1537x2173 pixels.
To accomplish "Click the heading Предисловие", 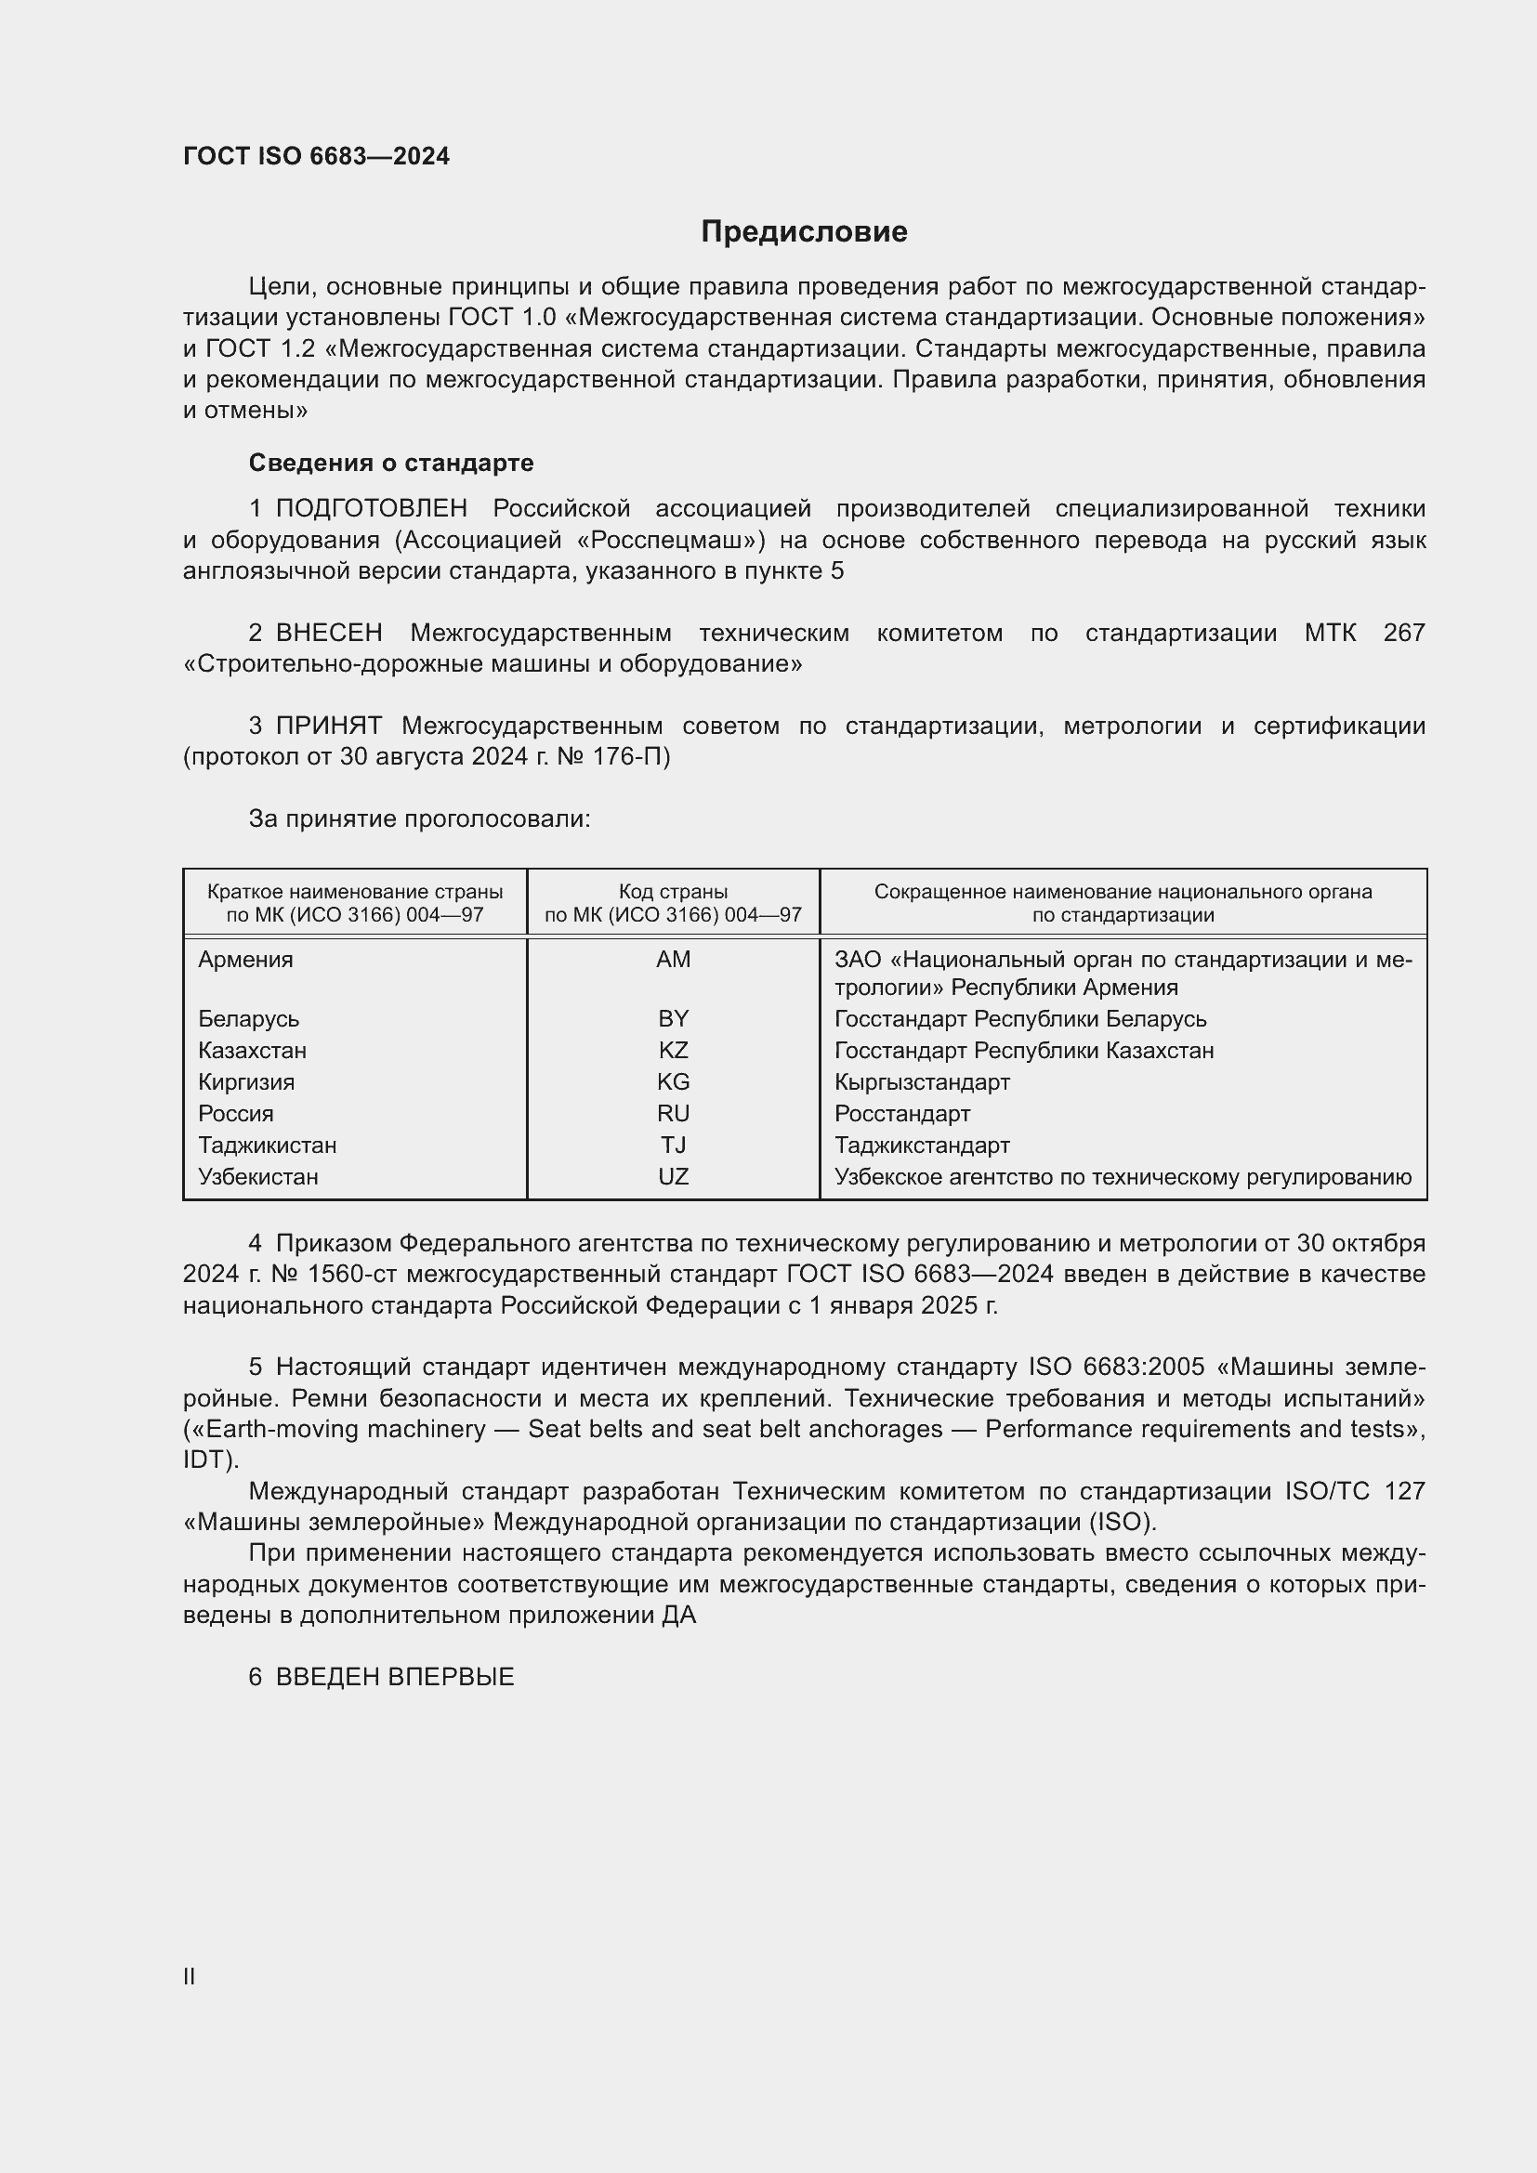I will point(804,232).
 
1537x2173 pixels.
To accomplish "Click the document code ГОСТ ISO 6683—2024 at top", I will point(316,156).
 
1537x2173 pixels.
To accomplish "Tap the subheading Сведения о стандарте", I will point(390,463).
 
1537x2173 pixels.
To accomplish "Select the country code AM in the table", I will point(673,960).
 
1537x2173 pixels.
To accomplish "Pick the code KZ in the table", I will point(673,1051).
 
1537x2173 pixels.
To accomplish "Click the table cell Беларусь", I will point(249,1019).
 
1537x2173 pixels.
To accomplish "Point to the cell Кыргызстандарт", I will point(922,1081).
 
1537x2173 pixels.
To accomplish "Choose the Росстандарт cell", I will point(902,1114).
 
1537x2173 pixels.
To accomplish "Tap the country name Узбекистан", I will point(258,1177).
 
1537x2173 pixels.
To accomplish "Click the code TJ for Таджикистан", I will point(673,1145).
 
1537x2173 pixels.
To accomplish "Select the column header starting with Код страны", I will point(673,903).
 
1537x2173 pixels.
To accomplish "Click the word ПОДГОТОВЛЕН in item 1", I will point(371,509).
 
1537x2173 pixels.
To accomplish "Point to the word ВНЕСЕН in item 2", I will point(329,634).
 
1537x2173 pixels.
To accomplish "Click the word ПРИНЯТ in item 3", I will point(328,726).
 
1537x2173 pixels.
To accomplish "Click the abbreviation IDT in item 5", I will point(206,1460).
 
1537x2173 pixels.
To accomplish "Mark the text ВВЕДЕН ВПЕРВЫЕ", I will point(395,1677).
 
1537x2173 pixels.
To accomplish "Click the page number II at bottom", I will point(190,1977).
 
